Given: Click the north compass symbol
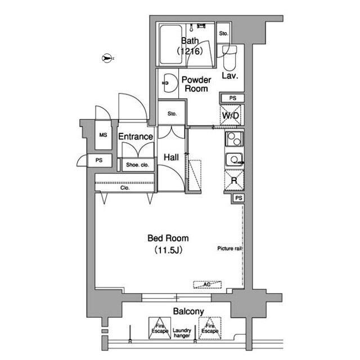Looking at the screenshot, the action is coord(106,58).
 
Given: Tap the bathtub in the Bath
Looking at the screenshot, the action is coord(171,44).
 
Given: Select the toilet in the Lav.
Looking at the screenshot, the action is coord(229,58).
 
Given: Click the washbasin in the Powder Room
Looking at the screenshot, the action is coord(170,83).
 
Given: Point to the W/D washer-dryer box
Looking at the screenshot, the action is coord(231,115).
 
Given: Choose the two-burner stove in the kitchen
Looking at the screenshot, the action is coord(234,139).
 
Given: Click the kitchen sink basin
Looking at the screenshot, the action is coord(234,160).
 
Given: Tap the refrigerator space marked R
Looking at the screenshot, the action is coord(234,180).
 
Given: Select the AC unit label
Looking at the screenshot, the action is coord(207,285).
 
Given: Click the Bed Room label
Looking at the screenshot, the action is coord(168,238).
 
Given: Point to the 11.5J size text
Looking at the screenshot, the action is coord(169,250).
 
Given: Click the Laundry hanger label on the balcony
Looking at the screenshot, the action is coord(182,333).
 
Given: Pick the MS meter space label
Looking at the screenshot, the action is coord(103,135).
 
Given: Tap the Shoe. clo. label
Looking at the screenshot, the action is coord(137,165).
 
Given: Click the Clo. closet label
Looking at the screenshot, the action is coord(125,188).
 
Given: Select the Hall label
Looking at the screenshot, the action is coord(171,157).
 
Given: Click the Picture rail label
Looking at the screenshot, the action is coord(229,249).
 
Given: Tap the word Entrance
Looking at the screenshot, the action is coord(136,137).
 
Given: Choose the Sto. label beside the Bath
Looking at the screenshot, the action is coord(224,34).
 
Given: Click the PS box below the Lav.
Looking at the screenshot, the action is coord(232,98).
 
